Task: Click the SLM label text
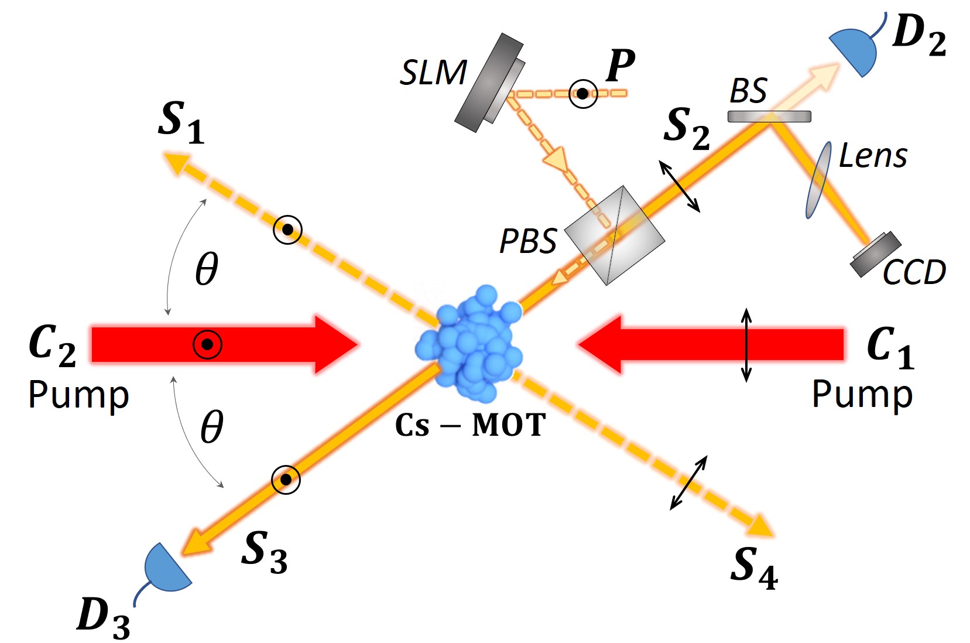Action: [433, 73]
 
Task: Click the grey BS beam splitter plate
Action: [769, 117]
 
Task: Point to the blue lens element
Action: [818, 180]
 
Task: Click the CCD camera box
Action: [876, 254]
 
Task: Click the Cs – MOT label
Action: [470, 425]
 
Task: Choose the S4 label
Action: [753, 568]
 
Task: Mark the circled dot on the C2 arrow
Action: [207, 344]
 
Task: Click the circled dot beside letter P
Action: [583, 94]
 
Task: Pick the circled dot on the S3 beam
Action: [286, 480]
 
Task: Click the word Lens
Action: [873, 156]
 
